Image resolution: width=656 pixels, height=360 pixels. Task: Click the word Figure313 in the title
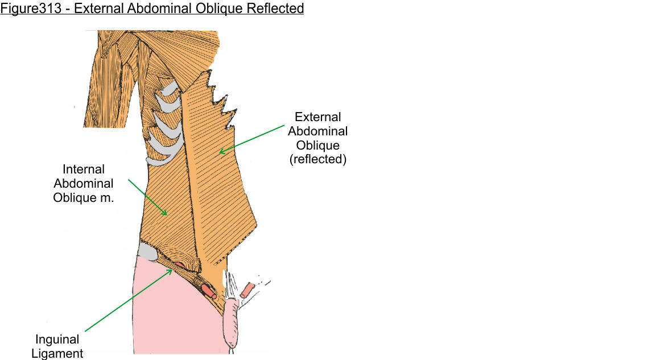click(x=27, y=9)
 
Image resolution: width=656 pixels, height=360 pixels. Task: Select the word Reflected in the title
click(x=274, y=9)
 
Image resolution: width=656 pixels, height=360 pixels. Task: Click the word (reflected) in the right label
click(x=318, y=159)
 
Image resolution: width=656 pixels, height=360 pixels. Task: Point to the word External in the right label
click(x=318, y=117)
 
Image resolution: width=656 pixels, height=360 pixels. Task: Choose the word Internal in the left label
click(x=84, y=169)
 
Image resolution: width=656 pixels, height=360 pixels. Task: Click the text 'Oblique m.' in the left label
click(x=84, y=198)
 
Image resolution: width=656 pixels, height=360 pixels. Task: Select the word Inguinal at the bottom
click(x=57, y=340)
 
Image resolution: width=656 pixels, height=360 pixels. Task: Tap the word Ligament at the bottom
click(x=57, y=354)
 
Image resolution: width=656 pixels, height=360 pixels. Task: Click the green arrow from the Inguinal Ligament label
click(x=129, y=300)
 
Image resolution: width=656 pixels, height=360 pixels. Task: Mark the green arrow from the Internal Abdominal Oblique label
click(x=147, y=197)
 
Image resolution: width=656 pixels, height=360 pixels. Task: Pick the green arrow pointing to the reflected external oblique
click(x=254, y=138)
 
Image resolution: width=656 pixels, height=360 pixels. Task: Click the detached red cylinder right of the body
click(x=249, y=289)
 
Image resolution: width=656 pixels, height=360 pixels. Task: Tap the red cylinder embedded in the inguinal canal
click(x=209, y=291)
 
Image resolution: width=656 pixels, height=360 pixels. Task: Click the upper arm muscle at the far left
click(x=106, y=85)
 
